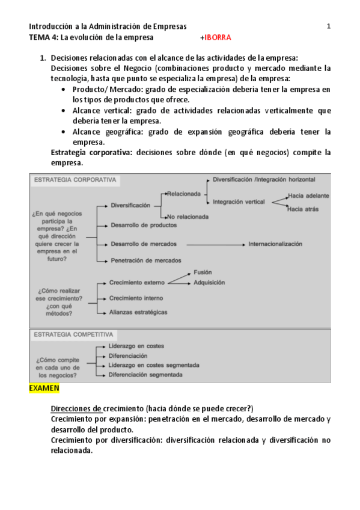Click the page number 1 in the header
pyautogui.click(x=329, y=26)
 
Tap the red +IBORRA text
pyautogui.click(x=215, y=37)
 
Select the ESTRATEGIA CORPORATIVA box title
pyautogui.click(x=75, y=180)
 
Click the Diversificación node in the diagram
pyautogui.click(x=130, y=205)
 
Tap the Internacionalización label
pyautogui.click(x=275, y=244)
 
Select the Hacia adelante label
pyautogui.click(x=308, y=196)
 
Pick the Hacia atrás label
pyautogui.click(x=303, y=209)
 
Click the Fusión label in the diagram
pyautogui.click(x=203, y=272)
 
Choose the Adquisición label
pyautogui.click(x=209, y=282)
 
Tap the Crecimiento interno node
pyautogui.click(x=136, y=298)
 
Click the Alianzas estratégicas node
pyautogui.click(x=138, y=312)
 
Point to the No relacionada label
pyautogui.click(x=188, y=216)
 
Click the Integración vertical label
pyautogui.click(x=239, y=201)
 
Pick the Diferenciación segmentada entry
pyautogui.click(x=145, y=374)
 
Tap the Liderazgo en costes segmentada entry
pyautogui.click(x=154, y=364)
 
